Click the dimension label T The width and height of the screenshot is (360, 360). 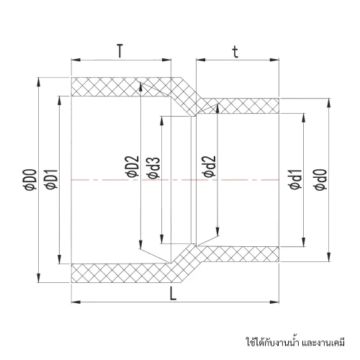tap(120, 51)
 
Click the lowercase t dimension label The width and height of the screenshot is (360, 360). tap(235, 52)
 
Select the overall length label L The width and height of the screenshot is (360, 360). tap(173, 294)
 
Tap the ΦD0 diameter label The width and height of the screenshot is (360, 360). tap(32, 179)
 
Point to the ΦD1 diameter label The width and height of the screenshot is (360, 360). tap(52, 179)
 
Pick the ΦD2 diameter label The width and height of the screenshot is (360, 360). tap(133, 166)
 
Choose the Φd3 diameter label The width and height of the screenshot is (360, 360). tap(153, 168)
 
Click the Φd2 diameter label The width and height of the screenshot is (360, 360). tap(210, 166)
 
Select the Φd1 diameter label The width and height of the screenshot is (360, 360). tap(295, 179)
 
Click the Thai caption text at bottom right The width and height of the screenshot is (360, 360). tap(295, 341)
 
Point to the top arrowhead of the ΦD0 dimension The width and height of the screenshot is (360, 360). tap(38, 82)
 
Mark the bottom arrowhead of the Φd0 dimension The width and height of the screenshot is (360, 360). tap(329, 256)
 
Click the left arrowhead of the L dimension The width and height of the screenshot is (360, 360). tap(76, 302)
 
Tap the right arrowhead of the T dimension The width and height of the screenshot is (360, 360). tap(166, 60)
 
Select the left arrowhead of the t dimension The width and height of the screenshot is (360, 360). tap(201, 60)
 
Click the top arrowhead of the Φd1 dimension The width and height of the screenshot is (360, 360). tap(304, 118)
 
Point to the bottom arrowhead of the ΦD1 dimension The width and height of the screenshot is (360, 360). tap(59, 259)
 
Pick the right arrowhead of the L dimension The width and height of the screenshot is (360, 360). tap(274, 302)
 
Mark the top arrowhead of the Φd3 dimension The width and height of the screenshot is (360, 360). tap(163, 121)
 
